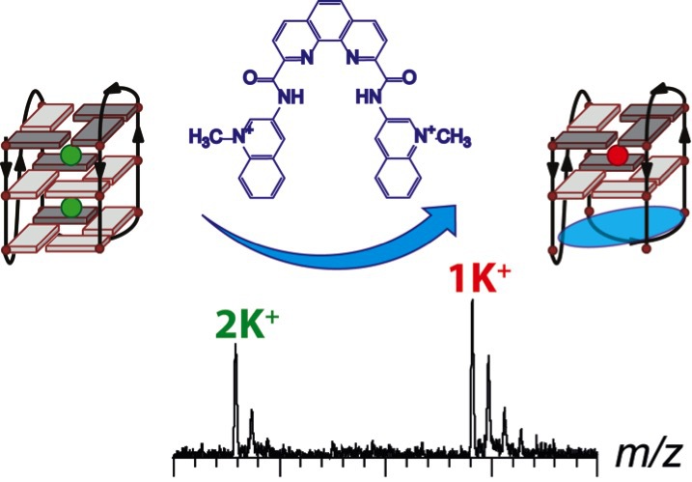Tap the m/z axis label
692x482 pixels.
[646, 451]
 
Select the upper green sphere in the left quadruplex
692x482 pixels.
[69, 156]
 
